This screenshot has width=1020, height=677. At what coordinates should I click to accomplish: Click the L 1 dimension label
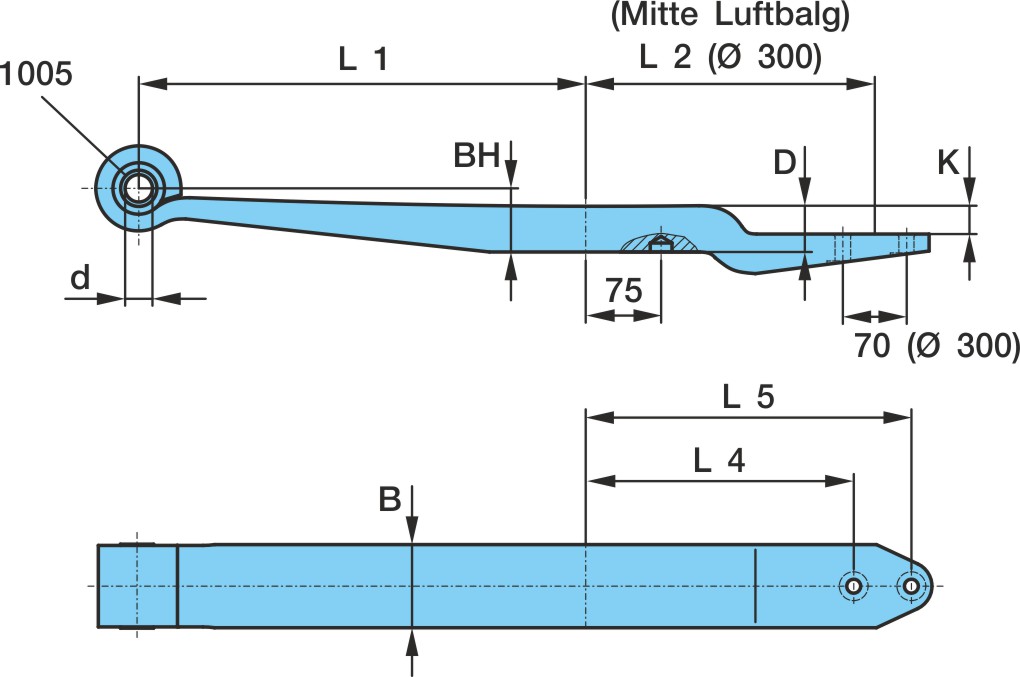pyautogui.click(x=364, y=59)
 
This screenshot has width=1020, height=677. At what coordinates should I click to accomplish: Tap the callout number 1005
pyautogui.click(x=36, y=73)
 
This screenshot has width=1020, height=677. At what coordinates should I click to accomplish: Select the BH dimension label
pyautogui.click(x=476, y=156)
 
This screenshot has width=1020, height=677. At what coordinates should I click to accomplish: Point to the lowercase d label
pyautogui.click(x=80, y=278)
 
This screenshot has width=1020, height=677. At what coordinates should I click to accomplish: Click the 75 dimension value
pyautogui.click(x=624, y=291)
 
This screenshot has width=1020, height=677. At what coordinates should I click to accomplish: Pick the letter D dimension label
pyautogui.click(x=785, y=162)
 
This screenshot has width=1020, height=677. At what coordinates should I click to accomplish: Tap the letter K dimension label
pyautogui.click(x=948, y=162)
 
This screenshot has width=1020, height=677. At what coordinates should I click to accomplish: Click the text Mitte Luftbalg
pyautogui.click(x=730, y=15)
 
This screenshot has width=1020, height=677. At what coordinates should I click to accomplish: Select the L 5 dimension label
pyautogui.click(x=748, y=396)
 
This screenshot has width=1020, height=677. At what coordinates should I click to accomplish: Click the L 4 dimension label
pyautogui.click(x=719, y=460)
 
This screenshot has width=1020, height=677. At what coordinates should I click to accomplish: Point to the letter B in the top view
pyautogui.click(x=390, y=499)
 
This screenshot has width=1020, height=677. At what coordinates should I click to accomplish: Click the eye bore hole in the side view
pyautogui.click(x=139, y=189)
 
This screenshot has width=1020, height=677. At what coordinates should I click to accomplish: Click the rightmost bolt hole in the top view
pyautogui.click(x=911, y=586)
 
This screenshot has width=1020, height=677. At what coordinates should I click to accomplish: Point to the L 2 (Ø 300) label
pyautogui.click(x=731, y=57)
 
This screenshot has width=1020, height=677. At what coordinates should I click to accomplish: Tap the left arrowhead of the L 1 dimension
pyautogui.click(x=154, y=83)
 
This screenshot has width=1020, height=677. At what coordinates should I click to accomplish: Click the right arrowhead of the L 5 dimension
pyautogui.click(x=896, y=417)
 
